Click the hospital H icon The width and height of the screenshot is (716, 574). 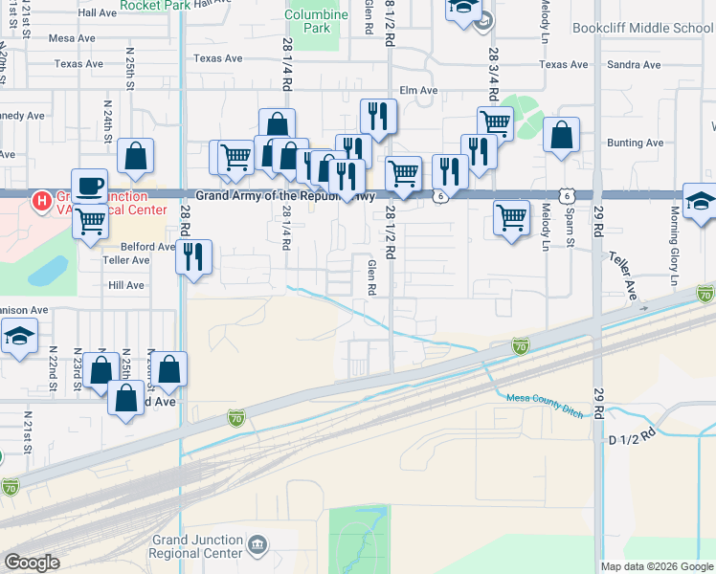[x=43, y=201]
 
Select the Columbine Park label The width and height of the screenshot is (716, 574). [x=317, y=21]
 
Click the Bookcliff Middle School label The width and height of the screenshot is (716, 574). [x=642, y=28]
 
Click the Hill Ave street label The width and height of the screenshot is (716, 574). [x=125, y=285]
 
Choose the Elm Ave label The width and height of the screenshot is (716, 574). [x=418, y=90]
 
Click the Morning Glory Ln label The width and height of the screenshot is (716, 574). [x=675, y=246]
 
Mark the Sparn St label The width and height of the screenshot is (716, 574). [x=569, y=230]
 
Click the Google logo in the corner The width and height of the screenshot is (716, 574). [x=32, y=563]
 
